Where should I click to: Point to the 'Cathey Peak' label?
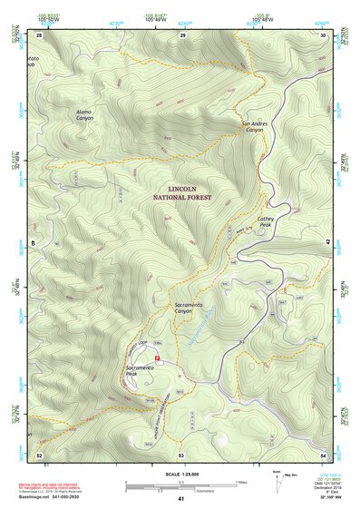tap(265, 220)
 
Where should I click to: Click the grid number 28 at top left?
tap(39, 34)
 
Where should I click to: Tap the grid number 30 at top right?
tap(324, 34)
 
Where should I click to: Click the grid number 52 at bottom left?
tap(39, 455)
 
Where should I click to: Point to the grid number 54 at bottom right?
tap(324, 455)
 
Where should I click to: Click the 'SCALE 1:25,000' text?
tap(180, 473)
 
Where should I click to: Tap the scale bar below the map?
tap(180, 486)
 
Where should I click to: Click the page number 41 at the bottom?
tap(180, 500)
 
